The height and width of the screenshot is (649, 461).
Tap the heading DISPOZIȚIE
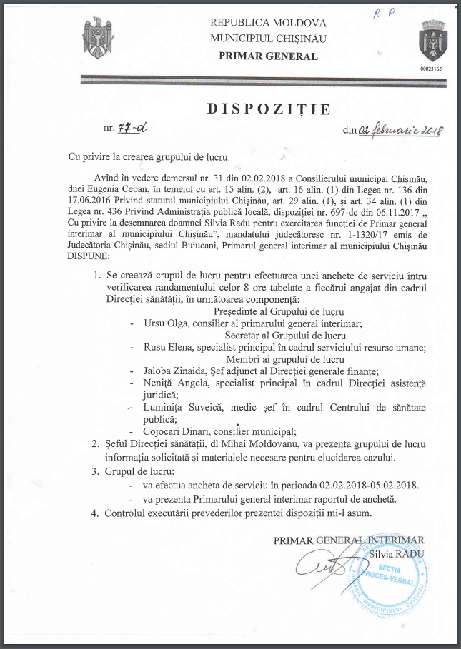click(x=269, y=109)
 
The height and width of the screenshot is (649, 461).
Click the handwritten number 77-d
click(x=135, y=129)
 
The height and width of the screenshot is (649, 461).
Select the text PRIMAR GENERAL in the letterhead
click(x=268, y=56)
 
